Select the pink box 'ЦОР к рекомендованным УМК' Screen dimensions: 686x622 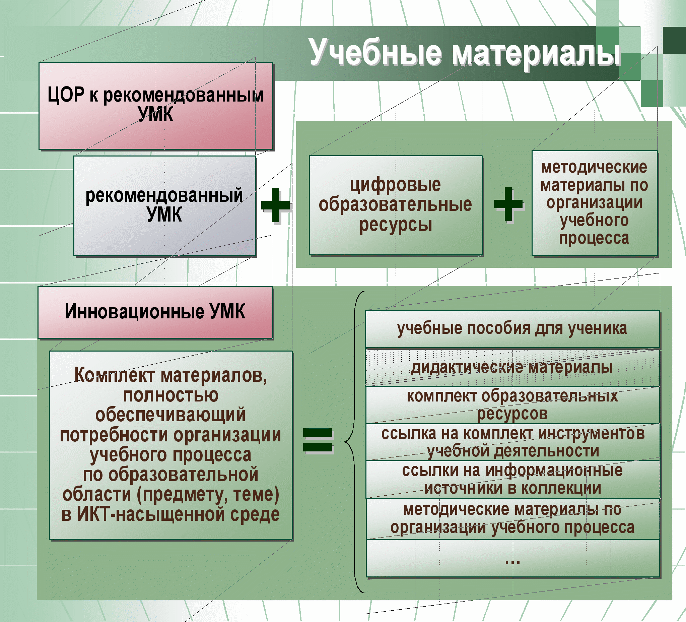click(156, 106)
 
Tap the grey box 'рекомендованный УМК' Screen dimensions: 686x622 click(165, 206)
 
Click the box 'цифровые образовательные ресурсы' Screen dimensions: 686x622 click(396, 205)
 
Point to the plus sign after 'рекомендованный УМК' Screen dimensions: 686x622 click(275, 205)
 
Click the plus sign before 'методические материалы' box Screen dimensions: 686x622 click(508, 204)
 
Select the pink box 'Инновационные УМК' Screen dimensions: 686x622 click(155, 312)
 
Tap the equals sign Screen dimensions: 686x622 click(318, 440)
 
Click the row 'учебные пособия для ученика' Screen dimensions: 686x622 click(512, 329)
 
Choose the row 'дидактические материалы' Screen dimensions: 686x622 click(512, 367)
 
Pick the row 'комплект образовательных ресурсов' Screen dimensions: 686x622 click(512, 405)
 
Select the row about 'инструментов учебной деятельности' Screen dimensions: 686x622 click(513, 442)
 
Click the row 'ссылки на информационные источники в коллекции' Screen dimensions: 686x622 click(513, 479)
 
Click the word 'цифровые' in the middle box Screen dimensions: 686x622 click(395, 185)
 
